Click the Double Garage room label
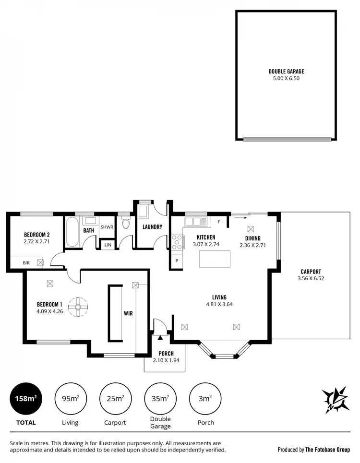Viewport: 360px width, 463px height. tap(286, 71)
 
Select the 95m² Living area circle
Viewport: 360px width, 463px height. tap(70, 398)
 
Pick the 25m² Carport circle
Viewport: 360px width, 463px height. tap(115, 398)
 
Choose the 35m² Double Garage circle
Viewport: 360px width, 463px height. tap(160, 398)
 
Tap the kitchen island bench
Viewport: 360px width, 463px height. tap(215, 259)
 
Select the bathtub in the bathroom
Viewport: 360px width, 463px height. tap(72, 233)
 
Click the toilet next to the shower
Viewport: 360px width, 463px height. tap(126, 224)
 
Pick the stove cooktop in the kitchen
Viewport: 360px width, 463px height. tap(177, 242)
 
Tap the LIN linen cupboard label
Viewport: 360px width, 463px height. tap(108, 245)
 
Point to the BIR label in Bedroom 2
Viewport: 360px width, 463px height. tap(26, 263)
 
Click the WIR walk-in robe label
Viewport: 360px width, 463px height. tap(128, 313)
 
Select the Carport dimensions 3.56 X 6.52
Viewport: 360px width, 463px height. tap(311, 278)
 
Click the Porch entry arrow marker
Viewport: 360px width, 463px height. tap(160, 337)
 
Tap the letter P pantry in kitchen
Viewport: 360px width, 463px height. tap(177, 261)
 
